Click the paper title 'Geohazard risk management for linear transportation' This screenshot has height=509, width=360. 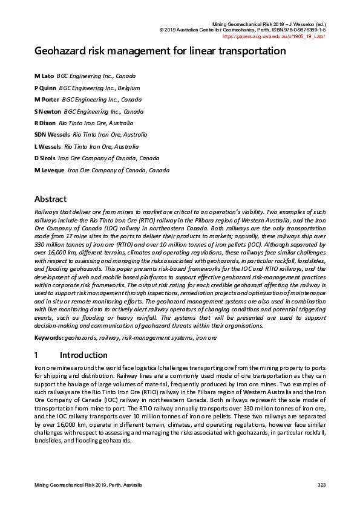(160, 51)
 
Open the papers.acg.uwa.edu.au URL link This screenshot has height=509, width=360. (274, 36)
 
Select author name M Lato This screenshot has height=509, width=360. (44, 76)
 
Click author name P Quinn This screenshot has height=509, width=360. (45, 88)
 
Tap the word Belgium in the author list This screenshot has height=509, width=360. (128, 88)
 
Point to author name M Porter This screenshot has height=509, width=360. (47, 100)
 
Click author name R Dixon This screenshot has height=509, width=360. (45, 123)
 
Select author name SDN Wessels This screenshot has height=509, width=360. (52, 135)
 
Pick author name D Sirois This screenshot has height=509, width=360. (45, 158)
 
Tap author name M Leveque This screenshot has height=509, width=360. (49, 170)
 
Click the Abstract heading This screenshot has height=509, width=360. (50, 199)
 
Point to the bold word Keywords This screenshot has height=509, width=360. (48, 338)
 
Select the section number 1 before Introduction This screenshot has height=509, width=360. (36, 355)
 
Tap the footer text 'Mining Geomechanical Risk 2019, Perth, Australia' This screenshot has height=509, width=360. (88, 485)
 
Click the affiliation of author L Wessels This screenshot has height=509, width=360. (101, 146)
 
